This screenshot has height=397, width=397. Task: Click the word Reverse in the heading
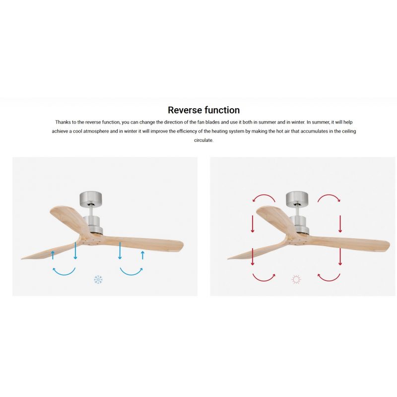185,110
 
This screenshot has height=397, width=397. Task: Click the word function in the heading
222,110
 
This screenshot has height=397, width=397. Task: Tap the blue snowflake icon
98,279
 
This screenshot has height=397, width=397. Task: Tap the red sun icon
296,279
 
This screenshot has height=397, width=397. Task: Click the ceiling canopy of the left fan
91,198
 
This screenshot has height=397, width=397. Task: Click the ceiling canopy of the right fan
297,198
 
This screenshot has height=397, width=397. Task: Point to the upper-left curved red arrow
264,195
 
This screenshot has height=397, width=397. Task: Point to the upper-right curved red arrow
329,195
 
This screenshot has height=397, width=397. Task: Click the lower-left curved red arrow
264,280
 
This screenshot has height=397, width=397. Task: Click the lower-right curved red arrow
329,280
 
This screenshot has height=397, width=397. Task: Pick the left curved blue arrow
64,274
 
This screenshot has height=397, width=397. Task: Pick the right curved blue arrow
132,274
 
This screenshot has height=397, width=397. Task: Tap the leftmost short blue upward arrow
53,255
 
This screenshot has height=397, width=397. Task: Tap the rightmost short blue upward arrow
143,255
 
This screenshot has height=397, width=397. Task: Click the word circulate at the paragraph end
203,140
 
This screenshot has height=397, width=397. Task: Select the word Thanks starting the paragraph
63,122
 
